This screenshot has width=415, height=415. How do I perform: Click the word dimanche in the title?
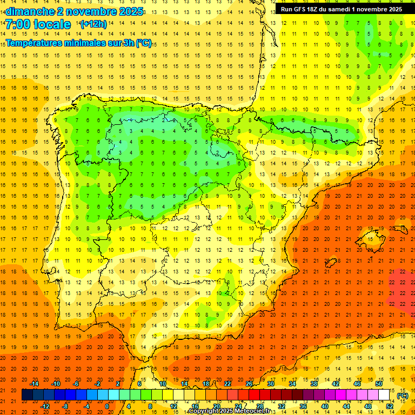(x=31, y=11)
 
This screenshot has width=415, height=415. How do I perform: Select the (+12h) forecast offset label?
(x=93, y=24)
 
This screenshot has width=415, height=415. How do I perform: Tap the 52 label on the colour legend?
(x=390, y=406)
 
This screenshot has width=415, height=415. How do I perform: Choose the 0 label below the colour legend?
(x=106, y=406)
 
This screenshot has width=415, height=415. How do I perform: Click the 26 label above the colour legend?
(x=249, y=384)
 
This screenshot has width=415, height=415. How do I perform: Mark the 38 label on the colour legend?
(x=314, y=384)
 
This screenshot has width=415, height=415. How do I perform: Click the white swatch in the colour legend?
(x=384, y=395)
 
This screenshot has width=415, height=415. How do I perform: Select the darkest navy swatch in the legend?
(x=27, y=395)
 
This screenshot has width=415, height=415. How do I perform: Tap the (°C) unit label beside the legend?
(x=402, y=396)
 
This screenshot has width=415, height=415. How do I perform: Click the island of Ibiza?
(x=331, y=263)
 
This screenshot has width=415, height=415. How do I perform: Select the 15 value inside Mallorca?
(x=370, y=239)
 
